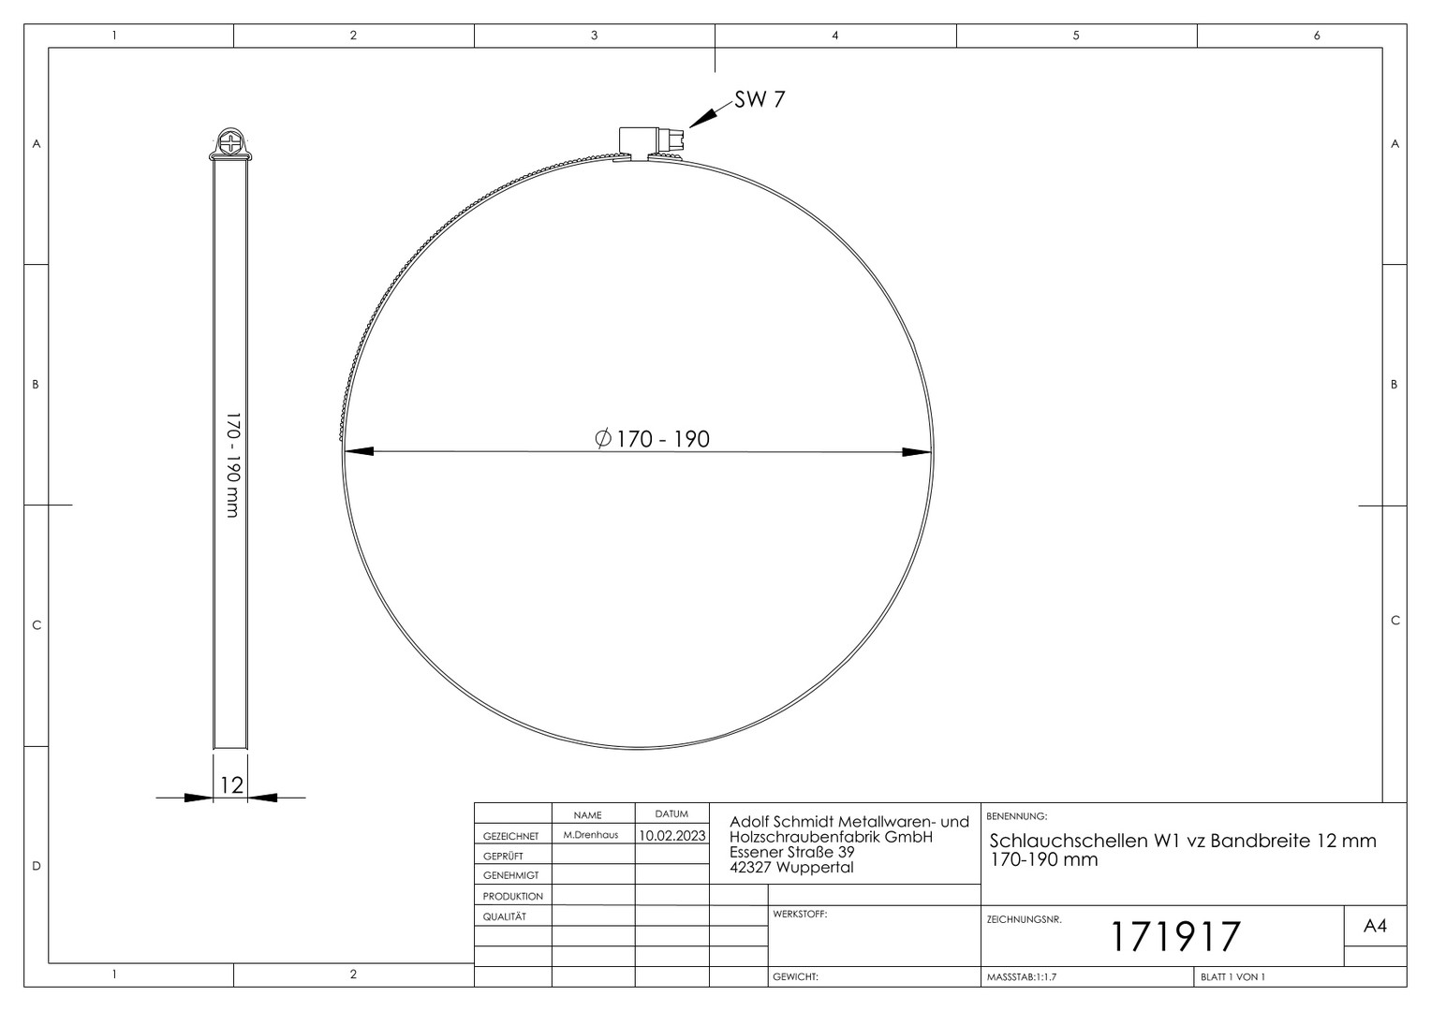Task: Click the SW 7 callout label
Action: click(760, 99)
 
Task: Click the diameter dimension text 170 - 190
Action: click(652, 439)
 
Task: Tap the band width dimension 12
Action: click(231, 784)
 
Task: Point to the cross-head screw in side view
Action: click(230, 140)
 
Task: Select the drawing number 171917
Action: click(1175, 937)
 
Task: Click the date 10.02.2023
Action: click(672, 835)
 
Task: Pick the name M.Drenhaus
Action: click(590, 835)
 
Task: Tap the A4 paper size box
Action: click(1375, 926)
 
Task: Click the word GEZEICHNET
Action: click(511, 836)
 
